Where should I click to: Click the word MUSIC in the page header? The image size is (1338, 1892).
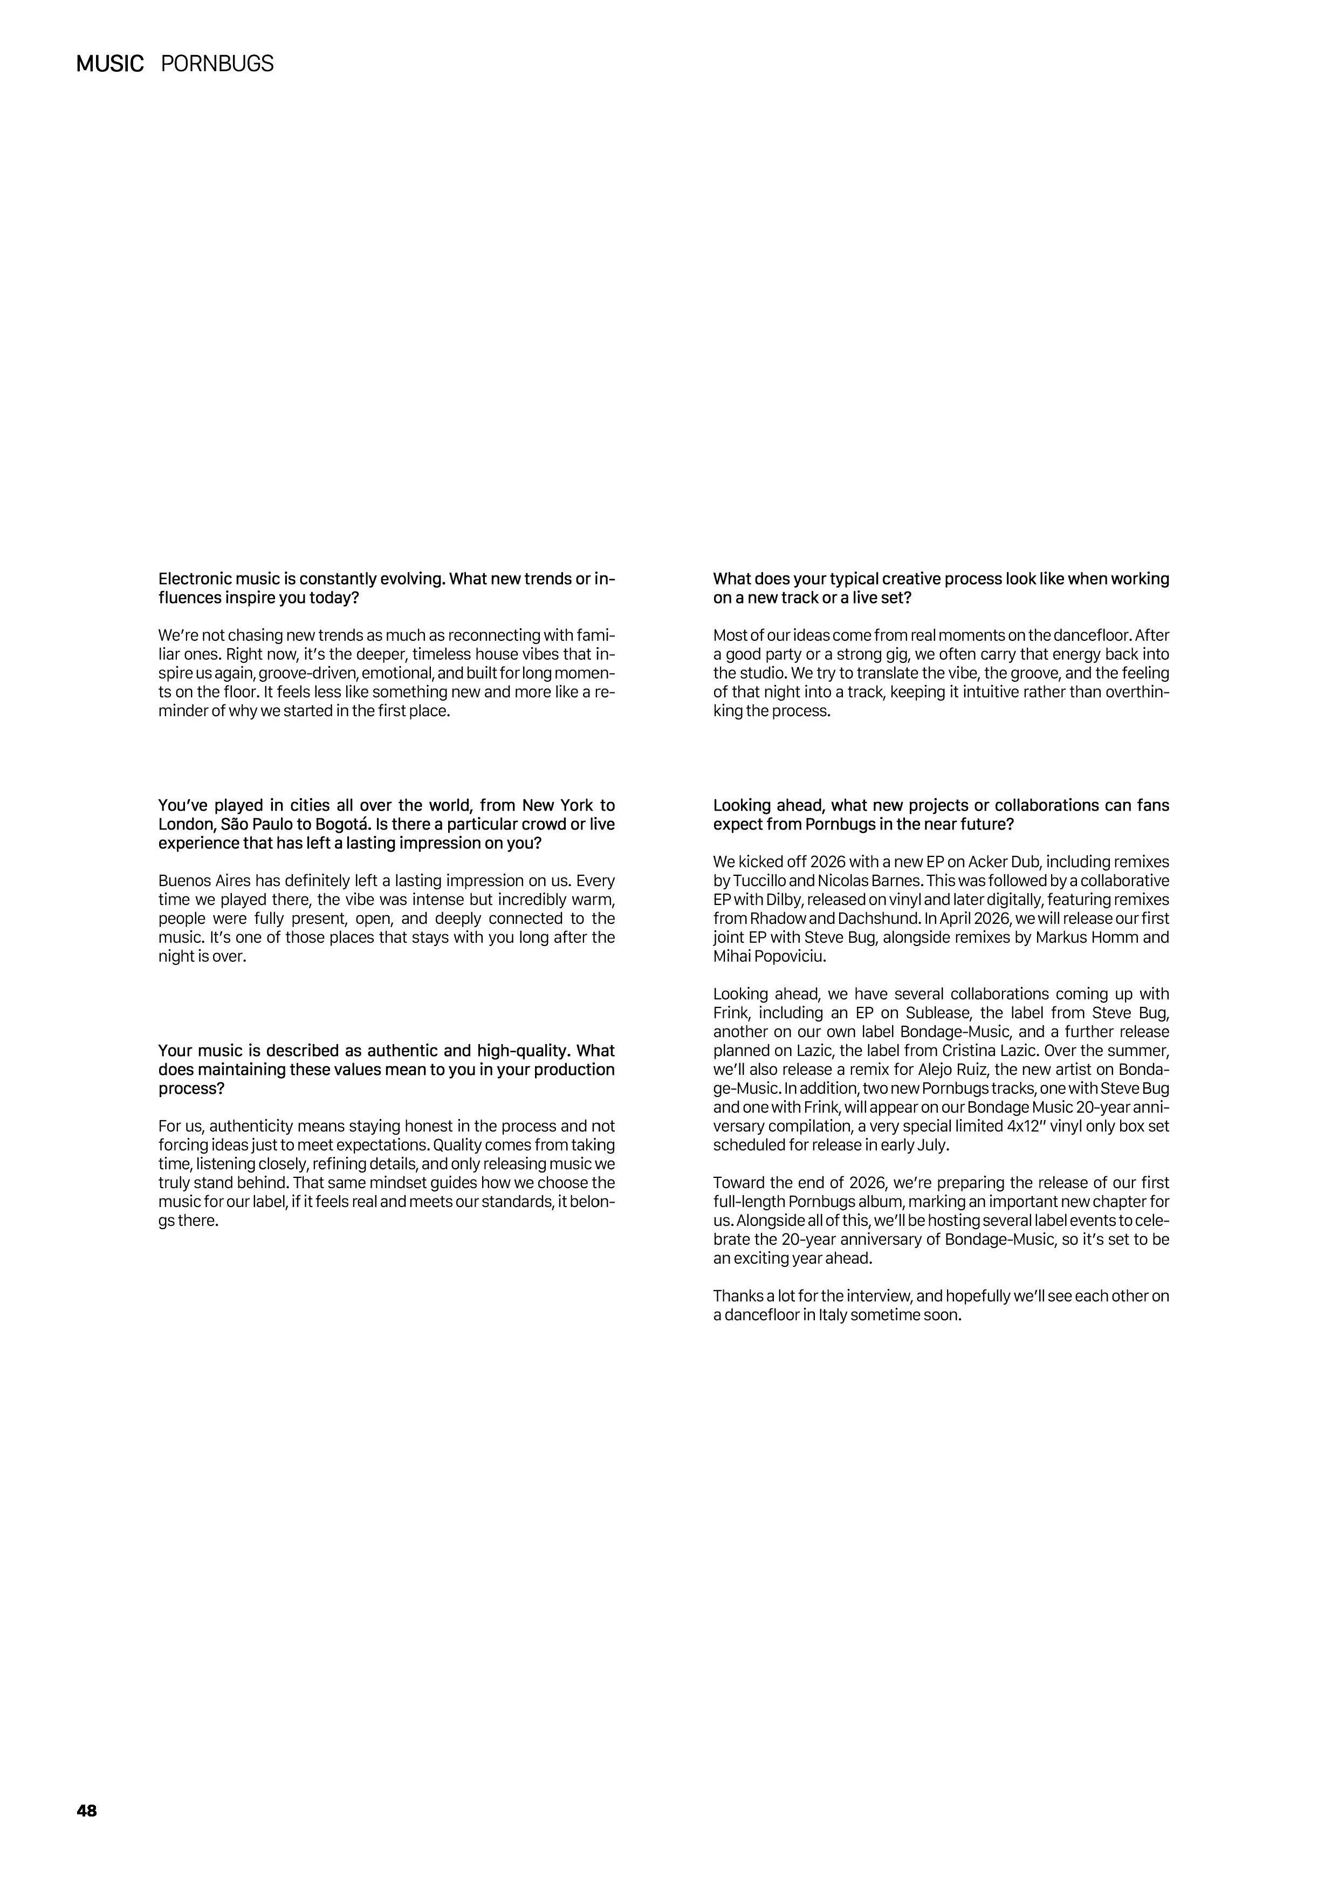[x=109, y=64]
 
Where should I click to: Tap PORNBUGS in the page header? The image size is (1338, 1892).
[x=217, y=64]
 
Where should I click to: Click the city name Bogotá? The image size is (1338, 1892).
[x=340, y=824]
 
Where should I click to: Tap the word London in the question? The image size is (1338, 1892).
[x=184, y=824]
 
